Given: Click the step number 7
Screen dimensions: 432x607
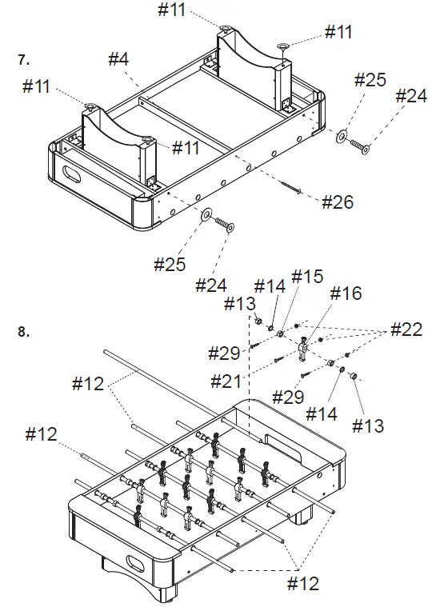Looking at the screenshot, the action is coord(23,60).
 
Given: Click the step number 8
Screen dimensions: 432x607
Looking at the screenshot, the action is coord(23,332).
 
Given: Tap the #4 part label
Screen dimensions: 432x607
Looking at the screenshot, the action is coord(118,59).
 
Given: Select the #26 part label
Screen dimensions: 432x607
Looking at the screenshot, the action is coord(338,202).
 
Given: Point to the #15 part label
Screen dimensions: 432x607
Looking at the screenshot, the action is coord(307,277).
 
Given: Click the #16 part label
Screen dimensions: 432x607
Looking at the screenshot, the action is coord(346,294).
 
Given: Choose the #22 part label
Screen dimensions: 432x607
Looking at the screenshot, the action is coord(406,329).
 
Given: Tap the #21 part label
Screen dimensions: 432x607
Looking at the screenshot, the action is coord(226,381).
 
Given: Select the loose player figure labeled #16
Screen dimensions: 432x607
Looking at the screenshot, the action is coord(303,349).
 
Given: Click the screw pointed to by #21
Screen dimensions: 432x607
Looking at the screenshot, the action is coord(278,360).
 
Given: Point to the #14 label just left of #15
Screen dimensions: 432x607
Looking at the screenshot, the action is coord(270,286).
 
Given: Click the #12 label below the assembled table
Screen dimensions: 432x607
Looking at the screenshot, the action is coord(303,584).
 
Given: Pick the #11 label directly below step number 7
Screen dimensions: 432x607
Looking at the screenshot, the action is coord(36,86).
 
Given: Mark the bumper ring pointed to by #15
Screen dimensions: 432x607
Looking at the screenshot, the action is coord(281,333).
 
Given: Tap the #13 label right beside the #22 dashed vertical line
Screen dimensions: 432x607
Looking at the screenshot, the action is coord(240,304).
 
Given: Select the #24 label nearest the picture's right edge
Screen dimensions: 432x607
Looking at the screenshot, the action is coord(411,95).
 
